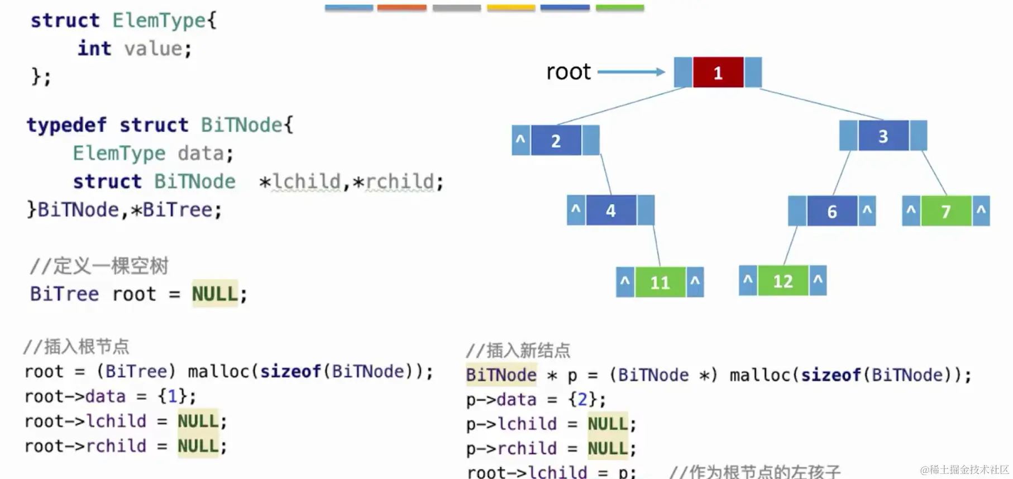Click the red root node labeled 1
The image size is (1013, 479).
click(718, 73)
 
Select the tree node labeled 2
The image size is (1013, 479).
click(556, 141)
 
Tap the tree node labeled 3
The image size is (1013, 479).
click(883, 136)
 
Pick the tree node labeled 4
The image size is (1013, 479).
click(610, 210)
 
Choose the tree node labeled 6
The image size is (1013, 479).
click(832, 211)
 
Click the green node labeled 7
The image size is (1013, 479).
click(946, 212)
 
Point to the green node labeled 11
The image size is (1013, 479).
click(660, 282)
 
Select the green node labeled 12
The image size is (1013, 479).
click(782, 281)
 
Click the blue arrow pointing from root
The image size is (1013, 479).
click(631, 72)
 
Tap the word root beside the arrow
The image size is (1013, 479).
click(568, 72)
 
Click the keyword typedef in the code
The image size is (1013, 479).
click(66, 125)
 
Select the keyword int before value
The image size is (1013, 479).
click(94, 49)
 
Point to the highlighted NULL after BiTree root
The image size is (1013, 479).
click(214, 294)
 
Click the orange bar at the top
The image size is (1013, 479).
click(402, 8)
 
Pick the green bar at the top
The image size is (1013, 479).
click(619, 8)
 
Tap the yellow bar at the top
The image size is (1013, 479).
click(511, 8)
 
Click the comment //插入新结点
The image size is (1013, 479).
click(518, 351)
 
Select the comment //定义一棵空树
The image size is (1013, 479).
click(99, 266)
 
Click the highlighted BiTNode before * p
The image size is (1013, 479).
click(501, 375)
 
